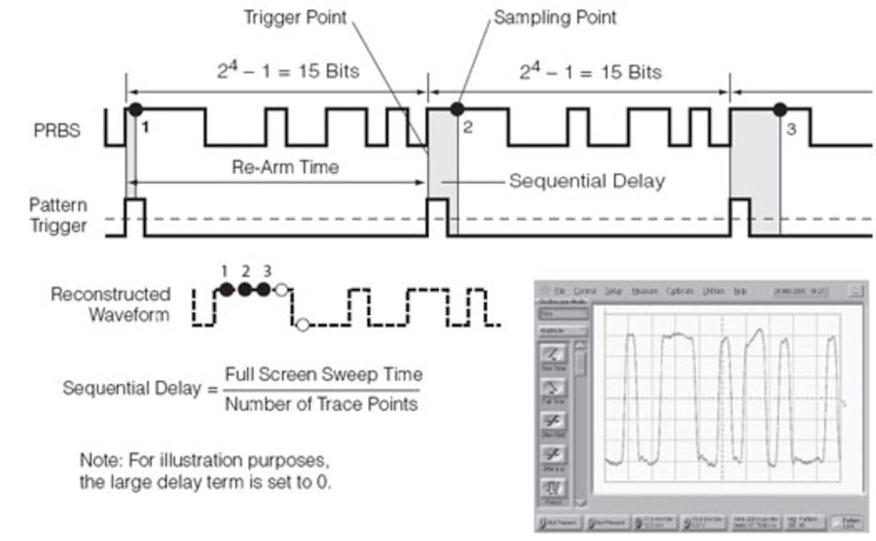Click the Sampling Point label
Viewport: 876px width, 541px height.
tap(555, 18)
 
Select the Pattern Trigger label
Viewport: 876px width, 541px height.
tap(57, 214)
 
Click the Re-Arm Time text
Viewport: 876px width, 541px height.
tap(272, 168)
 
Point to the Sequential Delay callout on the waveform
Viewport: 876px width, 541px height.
tap(586, 181)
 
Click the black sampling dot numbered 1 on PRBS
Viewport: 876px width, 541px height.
tap(136, 110)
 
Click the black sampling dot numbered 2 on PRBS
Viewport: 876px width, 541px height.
tap(456, 110)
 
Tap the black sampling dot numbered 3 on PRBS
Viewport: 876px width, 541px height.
tap(780, 110)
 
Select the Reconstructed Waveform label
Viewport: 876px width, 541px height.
tap(111, 304)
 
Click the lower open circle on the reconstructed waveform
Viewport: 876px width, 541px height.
tap(302, 324)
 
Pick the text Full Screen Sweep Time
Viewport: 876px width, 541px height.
tap(324, 375)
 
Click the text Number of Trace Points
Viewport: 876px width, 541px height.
tap(321, 403)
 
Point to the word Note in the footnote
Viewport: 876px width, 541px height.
tap(100, 459)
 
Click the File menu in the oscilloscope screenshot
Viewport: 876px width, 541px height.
tap(560, 291)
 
